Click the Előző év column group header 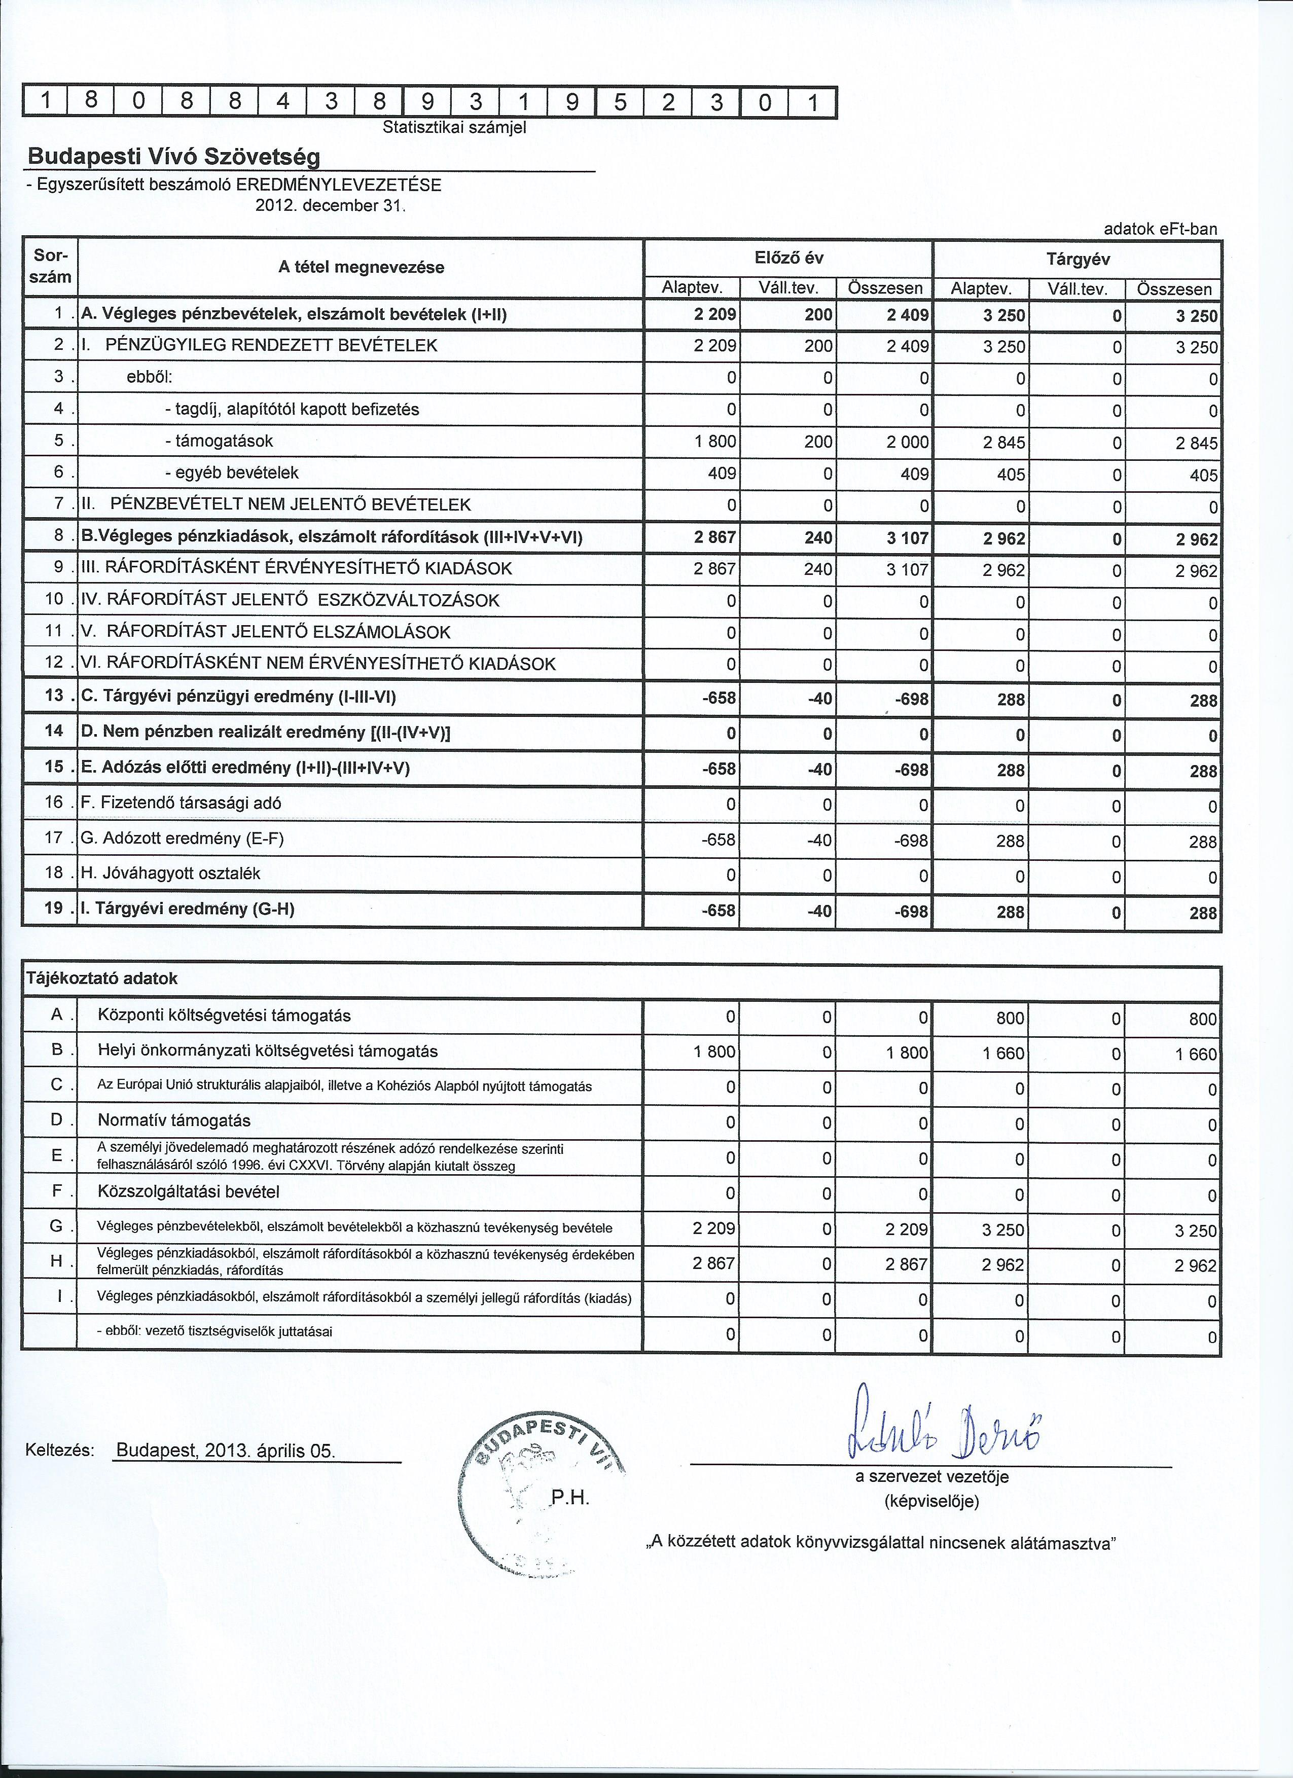tap(788, 258)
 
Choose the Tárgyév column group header tap(1077, 259)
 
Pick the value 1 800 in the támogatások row tap(715, 442)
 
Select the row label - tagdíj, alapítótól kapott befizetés tap(292, 409)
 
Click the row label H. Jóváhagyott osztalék tap(170, 874)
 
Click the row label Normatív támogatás tap(174, 1120)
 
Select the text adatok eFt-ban tap(1161, 229)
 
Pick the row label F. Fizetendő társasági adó tap(181, 803)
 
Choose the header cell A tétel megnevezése tap(361, 267)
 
